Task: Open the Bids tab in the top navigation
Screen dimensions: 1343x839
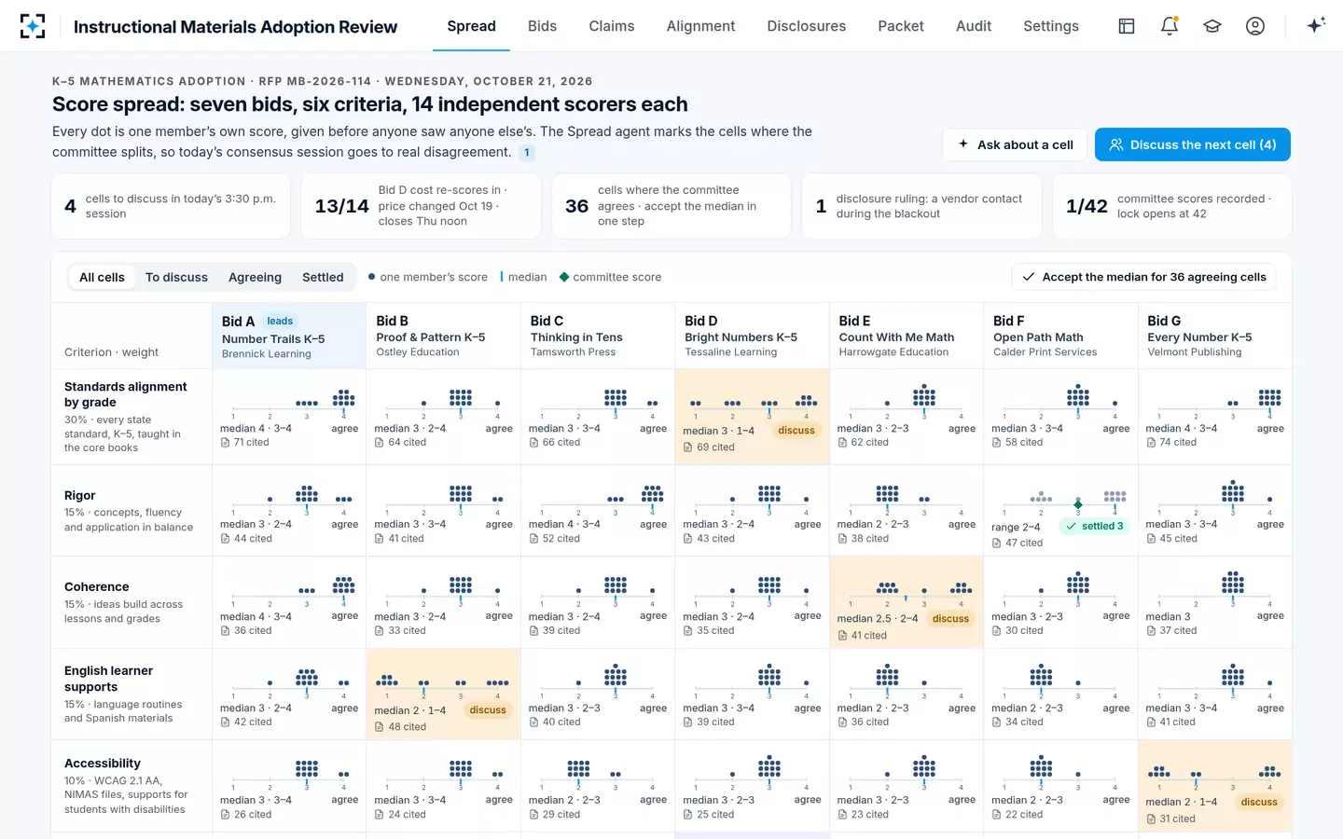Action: pos(542,26)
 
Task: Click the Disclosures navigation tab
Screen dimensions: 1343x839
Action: pos(807,26)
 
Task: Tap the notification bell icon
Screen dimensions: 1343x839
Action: pos(1170,26)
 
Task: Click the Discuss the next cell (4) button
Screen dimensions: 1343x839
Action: pos(1193,144)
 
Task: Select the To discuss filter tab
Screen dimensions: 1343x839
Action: pos(176,277)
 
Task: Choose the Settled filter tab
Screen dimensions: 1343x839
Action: pos(323,277)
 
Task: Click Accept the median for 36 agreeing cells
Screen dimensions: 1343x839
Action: pos(1144,277)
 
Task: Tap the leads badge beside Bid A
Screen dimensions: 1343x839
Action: pos(280,322)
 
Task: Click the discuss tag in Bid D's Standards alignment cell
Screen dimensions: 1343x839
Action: pos(796,431)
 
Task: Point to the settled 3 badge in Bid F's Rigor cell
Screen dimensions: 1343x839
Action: pos(1094,526)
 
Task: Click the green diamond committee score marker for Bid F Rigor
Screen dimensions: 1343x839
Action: pos(1078,504)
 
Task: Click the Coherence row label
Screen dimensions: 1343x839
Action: pos(97,586)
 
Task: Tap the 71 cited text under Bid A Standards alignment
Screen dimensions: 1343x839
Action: pos(251,442)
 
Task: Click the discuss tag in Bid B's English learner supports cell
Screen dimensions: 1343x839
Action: pos(488,710)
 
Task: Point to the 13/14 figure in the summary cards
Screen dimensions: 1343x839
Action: pos(341,206)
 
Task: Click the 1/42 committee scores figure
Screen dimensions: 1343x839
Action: pos(1087,206)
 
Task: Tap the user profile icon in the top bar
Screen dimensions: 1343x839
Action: pos(1255,26)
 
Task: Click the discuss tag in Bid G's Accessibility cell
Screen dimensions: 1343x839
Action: pos(1259,802)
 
